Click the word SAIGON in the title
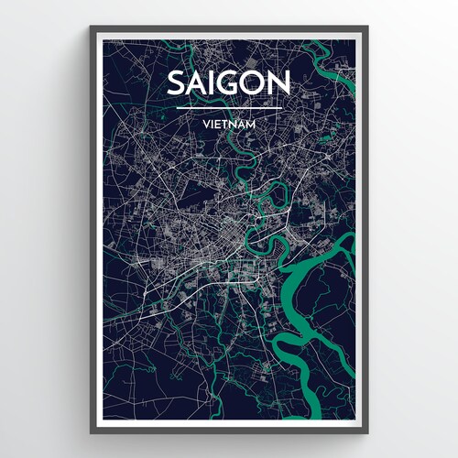229,82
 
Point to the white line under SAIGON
229,107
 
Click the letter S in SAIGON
177,82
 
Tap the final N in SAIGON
279,82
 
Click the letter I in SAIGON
213,82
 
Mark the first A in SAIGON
197,82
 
